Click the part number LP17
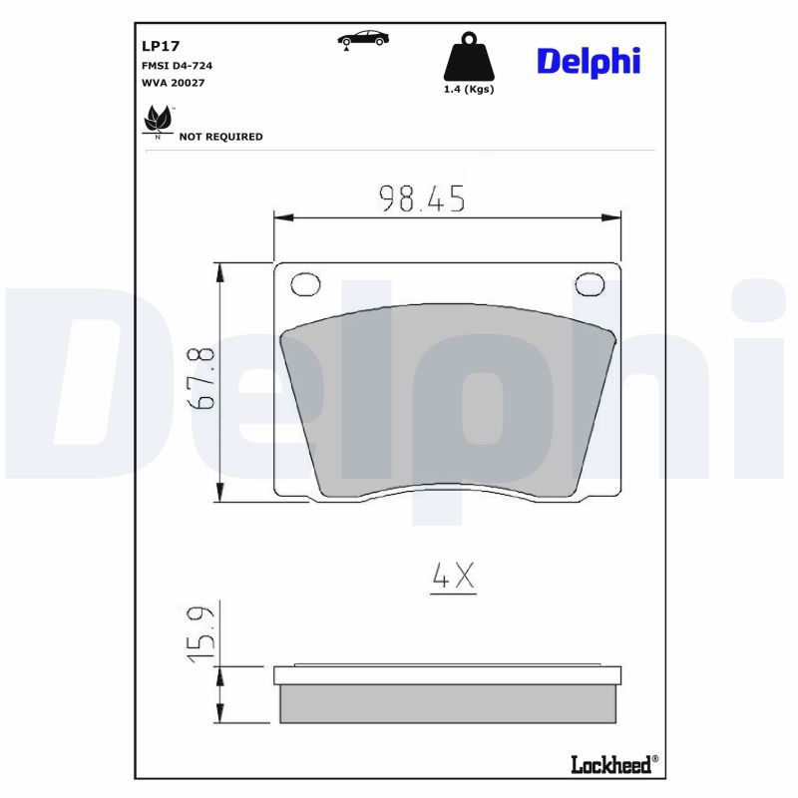[x=161, y=46]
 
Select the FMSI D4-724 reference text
[x=177, y=66]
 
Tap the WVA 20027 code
[x=173, y=83]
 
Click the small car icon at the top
[x=363, y=39]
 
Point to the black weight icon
[x=469, y=57]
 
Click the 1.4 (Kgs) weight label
[x=469, y=89]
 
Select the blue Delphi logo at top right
[x=589, y=62]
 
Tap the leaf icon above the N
[x=158, y=119]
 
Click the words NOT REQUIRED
[x=220, y=137]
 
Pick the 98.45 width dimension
[x=422, y=199]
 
